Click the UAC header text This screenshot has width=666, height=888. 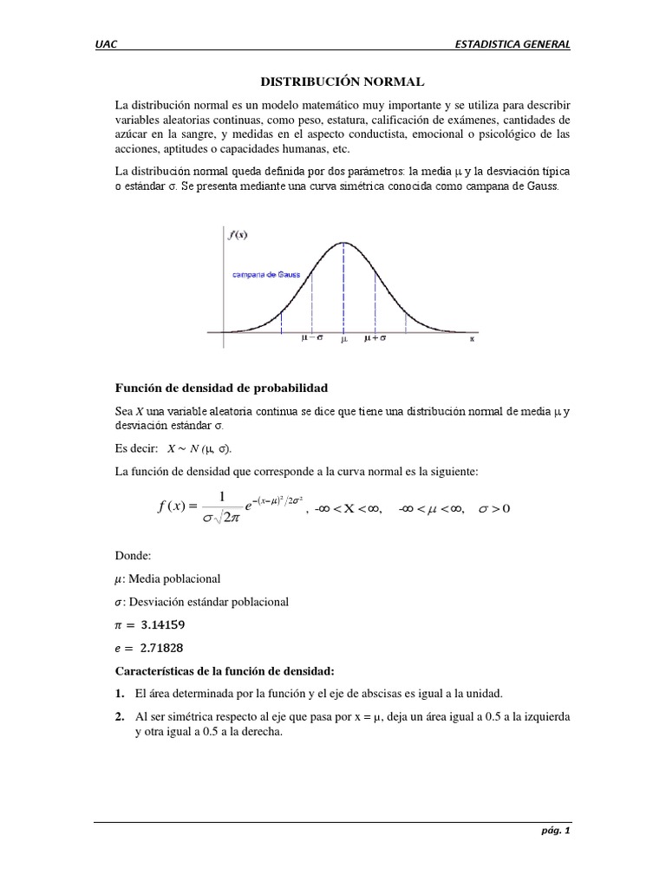coord(106,45)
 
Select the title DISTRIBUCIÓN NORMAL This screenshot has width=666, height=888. coord(343,82)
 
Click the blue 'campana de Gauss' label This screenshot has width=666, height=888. coord(265,275)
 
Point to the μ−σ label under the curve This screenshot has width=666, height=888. coord(312,340)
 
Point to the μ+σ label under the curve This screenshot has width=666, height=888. coord(375,340)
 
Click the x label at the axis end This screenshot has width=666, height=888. coord(472,340)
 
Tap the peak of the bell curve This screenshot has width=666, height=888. coord(343,242)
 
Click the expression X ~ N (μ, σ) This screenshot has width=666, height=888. coord(199,448)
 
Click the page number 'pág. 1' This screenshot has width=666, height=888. coord(555,830)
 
